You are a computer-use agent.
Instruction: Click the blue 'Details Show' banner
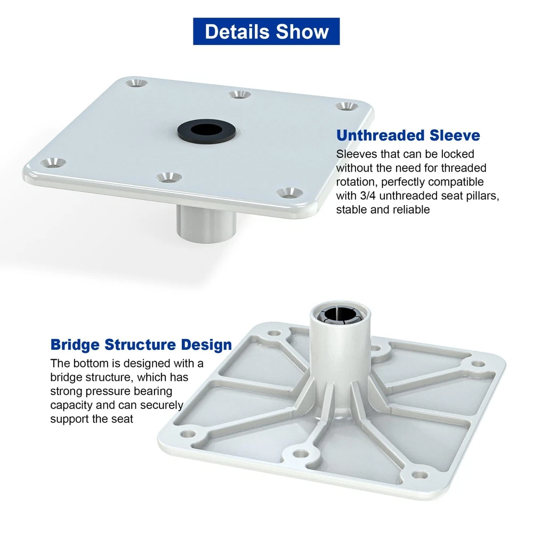point(266,31)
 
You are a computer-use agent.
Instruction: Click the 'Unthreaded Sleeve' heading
point(408,135)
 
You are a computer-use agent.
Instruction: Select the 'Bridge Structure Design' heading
point(141,344)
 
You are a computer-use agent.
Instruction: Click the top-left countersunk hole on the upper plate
point(136,83)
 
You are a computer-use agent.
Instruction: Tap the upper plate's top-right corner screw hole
point(347,106)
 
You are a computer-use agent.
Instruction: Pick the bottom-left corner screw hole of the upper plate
point(53,163)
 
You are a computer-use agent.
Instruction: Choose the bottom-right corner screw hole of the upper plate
point(289,193)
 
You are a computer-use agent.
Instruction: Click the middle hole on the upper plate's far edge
point(240,94)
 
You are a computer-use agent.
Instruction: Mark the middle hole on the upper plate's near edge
point(169,177)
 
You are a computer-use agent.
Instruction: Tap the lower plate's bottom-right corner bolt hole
point(419,474)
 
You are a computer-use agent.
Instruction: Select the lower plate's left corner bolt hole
point(187,434)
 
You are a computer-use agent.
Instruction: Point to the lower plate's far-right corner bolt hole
point(478,364)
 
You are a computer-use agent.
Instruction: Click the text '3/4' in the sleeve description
point(368,196)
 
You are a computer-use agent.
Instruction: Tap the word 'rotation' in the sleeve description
point(357,182)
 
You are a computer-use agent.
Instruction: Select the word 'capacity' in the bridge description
point(71,405)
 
